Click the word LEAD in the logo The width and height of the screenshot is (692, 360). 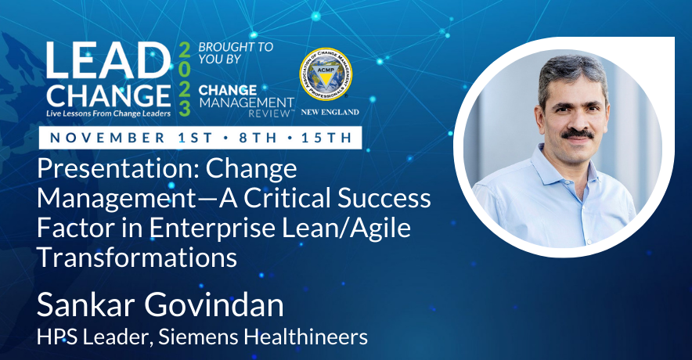tap(108, 61)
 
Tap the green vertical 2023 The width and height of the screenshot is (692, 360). tap(185, 80)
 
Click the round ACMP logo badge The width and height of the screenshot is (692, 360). tap(326, 74)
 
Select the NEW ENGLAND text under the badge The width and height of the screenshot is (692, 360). tap(330, 112)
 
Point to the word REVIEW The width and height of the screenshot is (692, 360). tap(269, 113)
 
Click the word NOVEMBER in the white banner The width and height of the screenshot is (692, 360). tap(108, 138)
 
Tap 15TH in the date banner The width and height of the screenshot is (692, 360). tap(326, 138)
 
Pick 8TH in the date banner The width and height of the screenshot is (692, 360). tap(258, 138)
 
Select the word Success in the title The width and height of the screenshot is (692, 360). tap(384, 198)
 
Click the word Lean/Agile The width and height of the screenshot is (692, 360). tap(347, 229)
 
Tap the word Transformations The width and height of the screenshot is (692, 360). tap(137, 257)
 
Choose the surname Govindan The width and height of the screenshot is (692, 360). tap(214, 305)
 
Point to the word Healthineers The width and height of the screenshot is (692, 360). tap(306, 337)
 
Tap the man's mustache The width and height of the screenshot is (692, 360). tap(577, 133)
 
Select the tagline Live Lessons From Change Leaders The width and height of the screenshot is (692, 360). tap(108, 113)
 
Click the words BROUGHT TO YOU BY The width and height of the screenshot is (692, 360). tap(236, 53)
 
